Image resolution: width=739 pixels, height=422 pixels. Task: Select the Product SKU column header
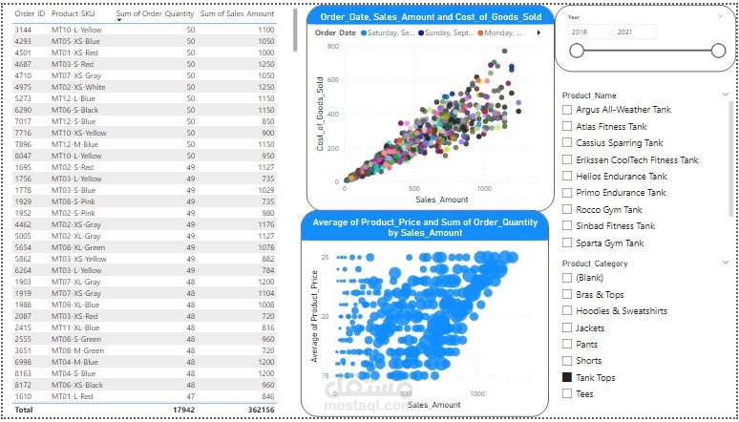pyautogui.click(x=73, y=14)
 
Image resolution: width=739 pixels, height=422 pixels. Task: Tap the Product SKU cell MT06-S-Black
pyautogui.click(x=74, y=110)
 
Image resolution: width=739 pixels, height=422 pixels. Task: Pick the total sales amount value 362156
pyautogui.click(x=259, y=409)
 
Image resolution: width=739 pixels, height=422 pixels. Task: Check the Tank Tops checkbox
pyautogui.click(x=567, y=377)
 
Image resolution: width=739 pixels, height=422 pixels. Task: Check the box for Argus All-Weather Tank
pyautogui.click(x=567, y=110)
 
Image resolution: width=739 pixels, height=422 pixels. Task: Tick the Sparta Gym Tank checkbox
pyautogui.click(x=567, y=243)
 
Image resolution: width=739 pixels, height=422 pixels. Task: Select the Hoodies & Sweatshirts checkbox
pyautogui.click(x=567, y=310)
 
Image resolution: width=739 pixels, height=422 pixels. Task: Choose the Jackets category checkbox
pyautogui.click(x=567, y=327)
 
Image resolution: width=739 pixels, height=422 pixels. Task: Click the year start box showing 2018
pyautogui.click(x=588, y=32)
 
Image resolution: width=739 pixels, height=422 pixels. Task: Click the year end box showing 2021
pyautogui.click(x=634, y=32)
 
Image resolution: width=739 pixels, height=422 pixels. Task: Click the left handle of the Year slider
pyautogui.click(x=577, y=52)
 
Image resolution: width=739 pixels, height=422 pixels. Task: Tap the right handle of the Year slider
pyautogui.click(x=718, y=52)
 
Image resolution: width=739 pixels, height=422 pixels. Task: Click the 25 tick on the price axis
pyautogui.click(x=325, y=258)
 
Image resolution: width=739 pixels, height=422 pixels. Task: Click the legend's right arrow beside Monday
pyautogui.click(x=538, y=32)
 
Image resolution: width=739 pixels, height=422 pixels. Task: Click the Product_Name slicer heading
pyautogui.click(x=589, y=95)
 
